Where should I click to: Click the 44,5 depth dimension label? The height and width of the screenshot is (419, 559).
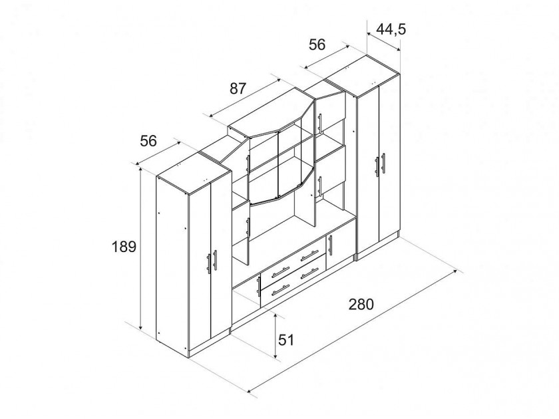(391, 29)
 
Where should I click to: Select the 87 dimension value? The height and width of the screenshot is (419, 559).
(238, 88)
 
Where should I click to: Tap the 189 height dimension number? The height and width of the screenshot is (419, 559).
(124, 247)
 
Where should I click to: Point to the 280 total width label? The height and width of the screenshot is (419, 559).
(361, 305)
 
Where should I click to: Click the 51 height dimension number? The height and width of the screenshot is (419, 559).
(286, 341)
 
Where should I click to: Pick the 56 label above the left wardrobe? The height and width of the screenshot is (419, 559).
(148, 141)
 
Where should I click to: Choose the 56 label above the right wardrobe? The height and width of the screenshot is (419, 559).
(317, 45)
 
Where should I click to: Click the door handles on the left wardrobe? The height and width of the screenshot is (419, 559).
(212, 261)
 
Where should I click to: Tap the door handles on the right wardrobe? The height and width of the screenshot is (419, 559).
(380, 165)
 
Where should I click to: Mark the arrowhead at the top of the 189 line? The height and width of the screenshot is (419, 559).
(141, 170)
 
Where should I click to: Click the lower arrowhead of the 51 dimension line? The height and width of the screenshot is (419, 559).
(276, 355)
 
